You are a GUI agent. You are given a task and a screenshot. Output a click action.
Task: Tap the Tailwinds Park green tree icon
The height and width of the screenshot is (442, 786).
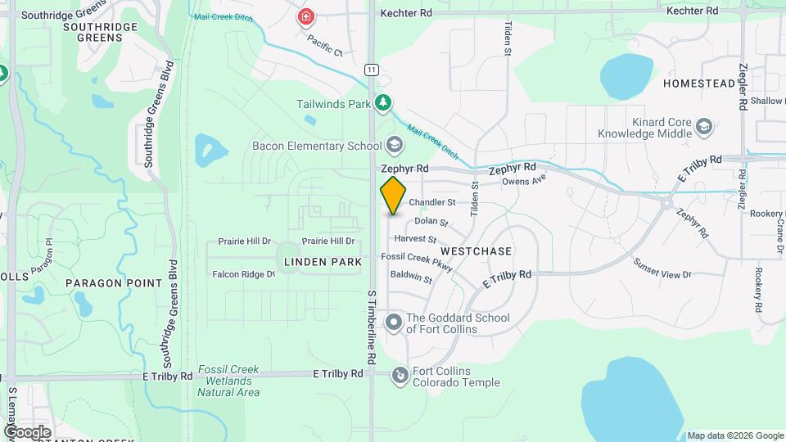point(382,103)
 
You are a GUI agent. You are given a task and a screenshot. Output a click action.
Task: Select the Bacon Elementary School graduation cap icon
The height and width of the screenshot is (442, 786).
point(395,147)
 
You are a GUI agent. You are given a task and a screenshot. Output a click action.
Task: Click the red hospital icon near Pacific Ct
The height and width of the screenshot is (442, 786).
point(306,16)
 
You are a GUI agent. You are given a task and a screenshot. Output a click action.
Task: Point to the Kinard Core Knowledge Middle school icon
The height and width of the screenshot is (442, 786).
point(704,127)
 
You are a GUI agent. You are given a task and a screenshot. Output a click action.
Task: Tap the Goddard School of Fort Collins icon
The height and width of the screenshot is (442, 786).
point(394,322)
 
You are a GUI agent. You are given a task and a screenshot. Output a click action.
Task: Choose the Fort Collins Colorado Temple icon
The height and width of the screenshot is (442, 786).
point(400,376)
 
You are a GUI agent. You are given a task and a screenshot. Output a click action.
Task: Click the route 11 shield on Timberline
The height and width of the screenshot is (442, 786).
point(373,70)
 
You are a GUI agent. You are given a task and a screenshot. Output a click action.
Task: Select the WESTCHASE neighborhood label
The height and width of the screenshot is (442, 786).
point(476,251)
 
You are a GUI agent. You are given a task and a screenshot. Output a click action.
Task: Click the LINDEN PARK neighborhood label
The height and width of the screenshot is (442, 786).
point(323,262)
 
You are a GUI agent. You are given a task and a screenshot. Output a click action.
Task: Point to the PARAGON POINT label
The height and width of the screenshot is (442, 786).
point(114,283)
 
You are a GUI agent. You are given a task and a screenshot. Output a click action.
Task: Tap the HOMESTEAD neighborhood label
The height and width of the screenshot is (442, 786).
point(699,83)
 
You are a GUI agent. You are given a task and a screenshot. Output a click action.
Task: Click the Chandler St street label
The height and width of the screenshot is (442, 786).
point(431,202)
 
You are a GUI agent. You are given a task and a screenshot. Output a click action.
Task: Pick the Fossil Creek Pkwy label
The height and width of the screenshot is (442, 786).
point(418,258)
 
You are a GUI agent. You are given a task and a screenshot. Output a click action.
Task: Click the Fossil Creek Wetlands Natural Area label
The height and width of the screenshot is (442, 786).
point(228,381)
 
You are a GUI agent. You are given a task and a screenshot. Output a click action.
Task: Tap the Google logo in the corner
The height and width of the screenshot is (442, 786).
point(27,432)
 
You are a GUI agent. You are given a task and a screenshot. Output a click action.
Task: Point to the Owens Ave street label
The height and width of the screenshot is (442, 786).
point(523,181)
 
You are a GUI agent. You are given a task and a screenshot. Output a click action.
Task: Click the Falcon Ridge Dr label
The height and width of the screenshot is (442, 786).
point(243,274)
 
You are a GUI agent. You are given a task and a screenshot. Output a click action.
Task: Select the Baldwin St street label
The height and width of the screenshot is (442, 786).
point(411,277)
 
